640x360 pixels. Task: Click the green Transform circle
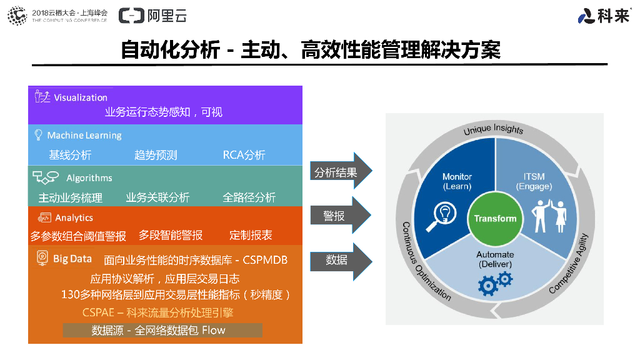495,218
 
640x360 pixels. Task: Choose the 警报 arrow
341,216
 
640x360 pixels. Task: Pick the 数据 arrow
341,260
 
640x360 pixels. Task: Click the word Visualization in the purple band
81,97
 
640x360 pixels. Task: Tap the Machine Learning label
84,136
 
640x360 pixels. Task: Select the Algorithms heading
89,178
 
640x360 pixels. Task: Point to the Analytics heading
74,218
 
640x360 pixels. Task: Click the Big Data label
72,259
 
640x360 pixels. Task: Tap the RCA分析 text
244,155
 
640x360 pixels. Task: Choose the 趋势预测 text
156,155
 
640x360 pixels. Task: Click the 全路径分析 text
249,197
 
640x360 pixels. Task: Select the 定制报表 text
251,235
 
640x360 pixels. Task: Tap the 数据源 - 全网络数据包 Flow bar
162,330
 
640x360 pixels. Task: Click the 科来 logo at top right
604,16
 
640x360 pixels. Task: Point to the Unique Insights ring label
493,129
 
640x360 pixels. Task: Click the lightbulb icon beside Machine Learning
38,135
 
